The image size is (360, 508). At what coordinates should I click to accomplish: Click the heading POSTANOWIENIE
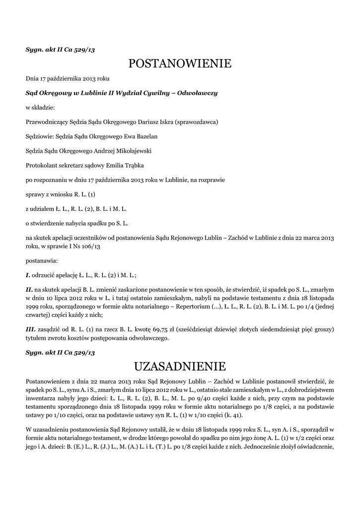180,63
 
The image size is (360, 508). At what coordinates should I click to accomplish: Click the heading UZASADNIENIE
180,367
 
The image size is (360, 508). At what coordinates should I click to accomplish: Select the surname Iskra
162,122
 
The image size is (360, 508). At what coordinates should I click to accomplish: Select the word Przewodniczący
46,122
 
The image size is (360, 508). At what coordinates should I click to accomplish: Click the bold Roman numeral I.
28,274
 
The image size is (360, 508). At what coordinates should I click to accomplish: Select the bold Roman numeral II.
29,288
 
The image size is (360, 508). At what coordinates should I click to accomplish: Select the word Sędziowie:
41,136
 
